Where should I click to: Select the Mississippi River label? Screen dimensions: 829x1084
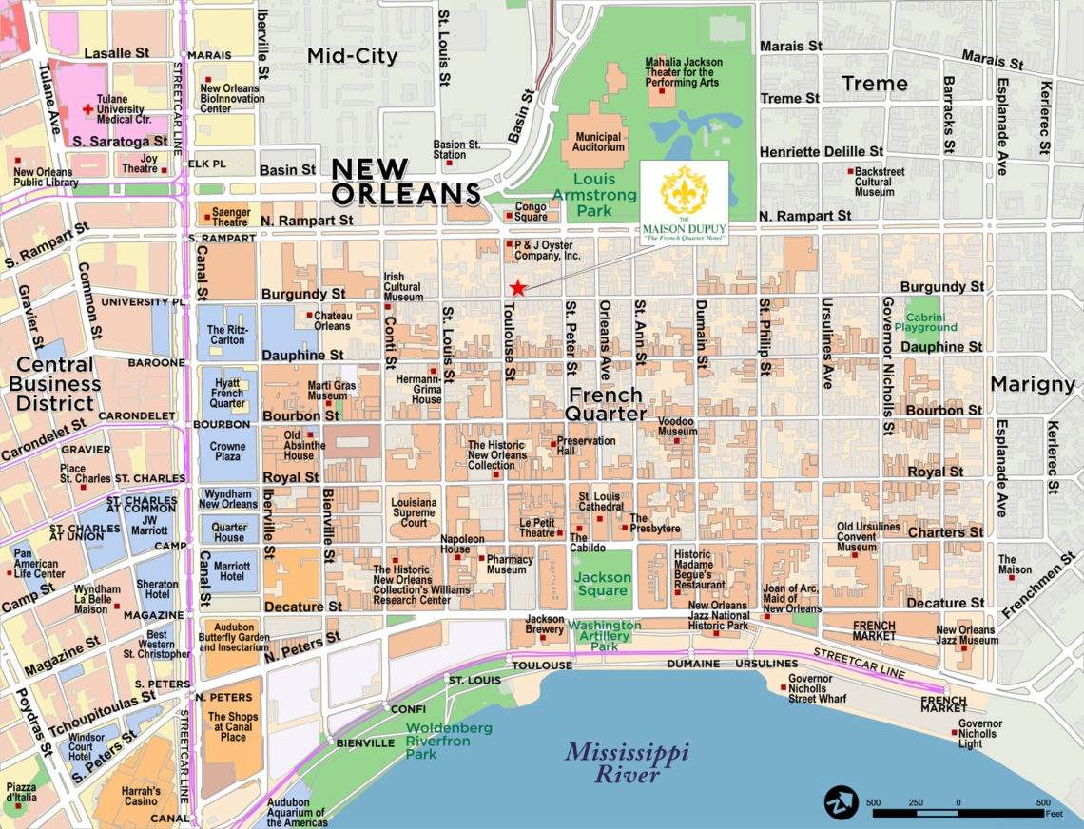click(x=627, y=763)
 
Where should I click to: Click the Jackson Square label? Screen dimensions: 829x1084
click(x=603, y=584)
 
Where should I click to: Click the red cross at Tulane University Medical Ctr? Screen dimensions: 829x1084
click(x=88, y=109)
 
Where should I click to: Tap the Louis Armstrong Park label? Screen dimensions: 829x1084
click(x=594, y=194)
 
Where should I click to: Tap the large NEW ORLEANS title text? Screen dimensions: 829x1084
click(x=405, y=182)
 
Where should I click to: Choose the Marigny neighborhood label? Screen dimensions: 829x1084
click(x=1033, y=384)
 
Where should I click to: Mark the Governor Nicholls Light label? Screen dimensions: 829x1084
click(x=980, y=733)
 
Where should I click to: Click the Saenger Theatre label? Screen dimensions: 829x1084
click(x=223, y=217)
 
